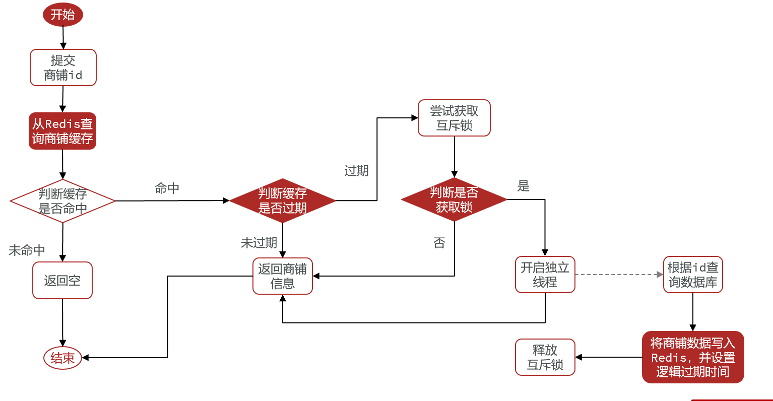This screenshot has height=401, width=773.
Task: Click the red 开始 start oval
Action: [62, 15]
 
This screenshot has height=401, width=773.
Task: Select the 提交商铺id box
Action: [63, 68]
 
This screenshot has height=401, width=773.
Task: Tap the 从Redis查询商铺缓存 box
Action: [62, 131]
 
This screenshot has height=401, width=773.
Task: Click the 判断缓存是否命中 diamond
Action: [62, 201]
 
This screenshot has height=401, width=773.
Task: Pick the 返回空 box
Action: [62, 281]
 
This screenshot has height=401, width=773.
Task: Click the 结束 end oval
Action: [62, 358]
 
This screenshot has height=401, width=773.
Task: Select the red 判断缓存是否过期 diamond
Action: [282, 201]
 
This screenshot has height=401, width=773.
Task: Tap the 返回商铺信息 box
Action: [282, 276]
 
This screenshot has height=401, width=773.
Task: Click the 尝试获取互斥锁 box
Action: [454, 118]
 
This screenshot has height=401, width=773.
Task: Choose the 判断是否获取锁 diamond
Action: [454, 199]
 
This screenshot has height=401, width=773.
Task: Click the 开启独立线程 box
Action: [545, 275]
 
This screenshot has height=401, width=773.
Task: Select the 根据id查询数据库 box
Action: [693, 275]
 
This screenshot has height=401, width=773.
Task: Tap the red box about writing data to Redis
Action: [693, 357]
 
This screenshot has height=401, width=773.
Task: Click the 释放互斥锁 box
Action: [545, 357]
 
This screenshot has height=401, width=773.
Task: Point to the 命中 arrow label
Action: [167, 188]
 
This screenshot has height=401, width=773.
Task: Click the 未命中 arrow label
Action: [27, 250]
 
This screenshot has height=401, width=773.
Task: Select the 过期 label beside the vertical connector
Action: [356, 171]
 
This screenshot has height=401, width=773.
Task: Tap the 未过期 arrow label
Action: [259, 243]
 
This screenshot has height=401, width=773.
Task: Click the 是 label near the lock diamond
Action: [524, 186]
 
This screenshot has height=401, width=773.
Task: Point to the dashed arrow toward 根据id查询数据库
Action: [619, 275]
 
